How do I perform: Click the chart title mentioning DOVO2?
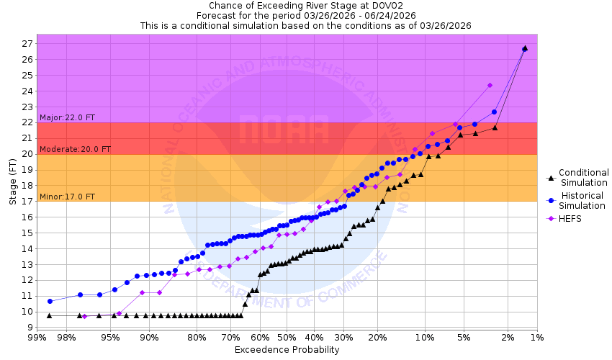[306, 5]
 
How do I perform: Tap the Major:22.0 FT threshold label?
[67, 117]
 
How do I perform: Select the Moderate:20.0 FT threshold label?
[75, 149]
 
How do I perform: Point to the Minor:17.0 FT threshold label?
[67, 197]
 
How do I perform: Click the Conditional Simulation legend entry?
[583, 177]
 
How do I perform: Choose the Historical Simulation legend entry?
[583, 200]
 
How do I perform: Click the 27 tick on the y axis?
[25, 44]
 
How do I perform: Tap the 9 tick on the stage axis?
[27, 328]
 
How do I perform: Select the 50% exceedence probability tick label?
[287, 338]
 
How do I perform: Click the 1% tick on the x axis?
[536, 338]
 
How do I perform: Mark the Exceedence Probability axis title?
[287, 350]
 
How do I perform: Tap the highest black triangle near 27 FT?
[524, 48]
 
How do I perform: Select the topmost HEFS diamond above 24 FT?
[490, 85]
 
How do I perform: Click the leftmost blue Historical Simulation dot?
[50, 301]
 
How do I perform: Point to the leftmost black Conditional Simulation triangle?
[49, 315]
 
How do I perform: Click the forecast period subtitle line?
[306, 15]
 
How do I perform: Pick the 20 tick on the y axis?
[25, 154]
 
